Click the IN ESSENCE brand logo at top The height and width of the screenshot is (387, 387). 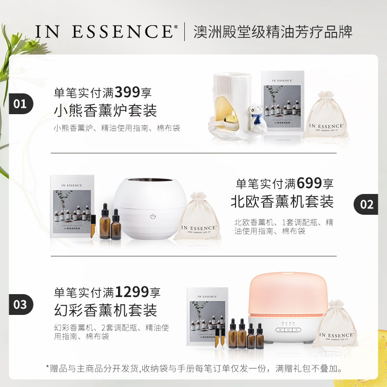click(104, 31)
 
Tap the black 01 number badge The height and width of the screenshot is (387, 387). click(20, 104)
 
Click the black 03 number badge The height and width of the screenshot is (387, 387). click(20, 305)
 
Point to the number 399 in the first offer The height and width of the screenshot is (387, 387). click(127, 91)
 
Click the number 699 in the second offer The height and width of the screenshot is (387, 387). click(310, 183)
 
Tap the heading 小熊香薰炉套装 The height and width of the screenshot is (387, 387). click(105, 111)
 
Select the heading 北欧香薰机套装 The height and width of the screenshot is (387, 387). click(282, 201)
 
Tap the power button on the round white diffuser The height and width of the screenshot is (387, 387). click(153, 217)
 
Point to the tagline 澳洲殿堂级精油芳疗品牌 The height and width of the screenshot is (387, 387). click(273, 31)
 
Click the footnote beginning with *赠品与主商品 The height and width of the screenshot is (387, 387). click(193, 369)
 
